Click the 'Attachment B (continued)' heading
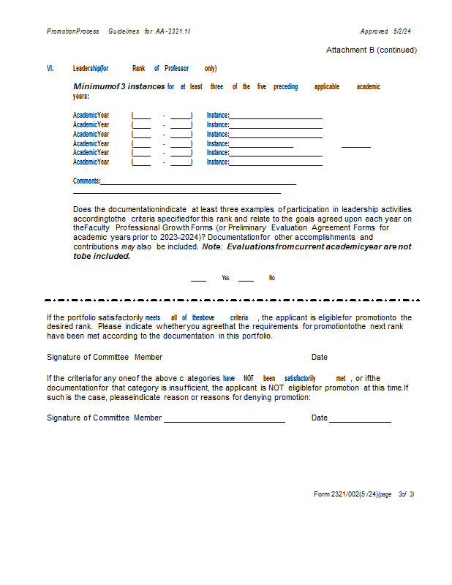(x=372, y=50)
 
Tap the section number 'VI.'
(x=50, y=69)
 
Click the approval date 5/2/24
(x=402, y=31)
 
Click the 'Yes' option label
(x=225, y=278)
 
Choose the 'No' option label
(x=272, y=278)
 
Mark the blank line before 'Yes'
(x=198, y=279)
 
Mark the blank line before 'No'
(x=246, y=279)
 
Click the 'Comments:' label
(x=87, y=181)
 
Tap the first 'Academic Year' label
(x=91, y=115)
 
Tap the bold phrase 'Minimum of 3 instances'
(x=118, y=86)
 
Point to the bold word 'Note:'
(x=212, y=247)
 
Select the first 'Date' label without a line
(x=320, y=357)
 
